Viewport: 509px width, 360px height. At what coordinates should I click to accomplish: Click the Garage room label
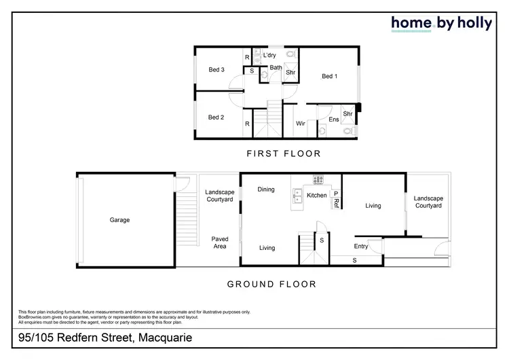pos(119,220)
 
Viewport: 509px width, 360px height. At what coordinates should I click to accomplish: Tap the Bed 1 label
pos(328,76)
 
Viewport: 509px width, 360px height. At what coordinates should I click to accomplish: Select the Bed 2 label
pos(216,118)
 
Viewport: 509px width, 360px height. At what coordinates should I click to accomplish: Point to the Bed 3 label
pos(216,69)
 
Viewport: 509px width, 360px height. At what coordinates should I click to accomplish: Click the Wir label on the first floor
pos(301,124)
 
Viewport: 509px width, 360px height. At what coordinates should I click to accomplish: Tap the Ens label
pos(333,120)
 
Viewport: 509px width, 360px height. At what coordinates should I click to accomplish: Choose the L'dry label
pos(269,55)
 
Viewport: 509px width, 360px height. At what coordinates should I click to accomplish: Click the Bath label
pos(276,67)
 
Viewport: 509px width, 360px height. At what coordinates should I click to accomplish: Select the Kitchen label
pos(317,196)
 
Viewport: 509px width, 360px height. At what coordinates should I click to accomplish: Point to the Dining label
pos(266,190)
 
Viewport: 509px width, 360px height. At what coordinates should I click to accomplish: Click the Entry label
pos(360,246)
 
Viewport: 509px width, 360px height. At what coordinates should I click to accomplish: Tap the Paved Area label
pos(219,243)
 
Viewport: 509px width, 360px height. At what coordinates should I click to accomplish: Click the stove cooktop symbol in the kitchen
pos(318,180)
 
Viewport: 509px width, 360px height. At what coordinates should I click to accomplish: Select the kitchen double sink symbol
pos(298,198)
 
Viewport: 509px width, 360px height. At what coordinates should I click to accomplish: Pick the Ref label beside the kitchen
pos(336,202)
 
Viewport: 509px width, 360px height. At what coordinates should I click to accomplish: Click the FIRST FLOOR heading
pos(284,154)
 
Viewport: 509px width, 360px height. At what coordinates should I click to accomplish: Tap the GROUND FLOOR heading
pos(271,285)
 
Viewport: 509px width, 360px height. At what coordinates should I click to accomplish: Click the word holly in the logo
pos(469,23)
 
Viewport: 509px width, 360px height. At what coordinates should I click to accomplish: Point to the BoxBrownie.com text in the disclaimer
pos(33,317)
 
